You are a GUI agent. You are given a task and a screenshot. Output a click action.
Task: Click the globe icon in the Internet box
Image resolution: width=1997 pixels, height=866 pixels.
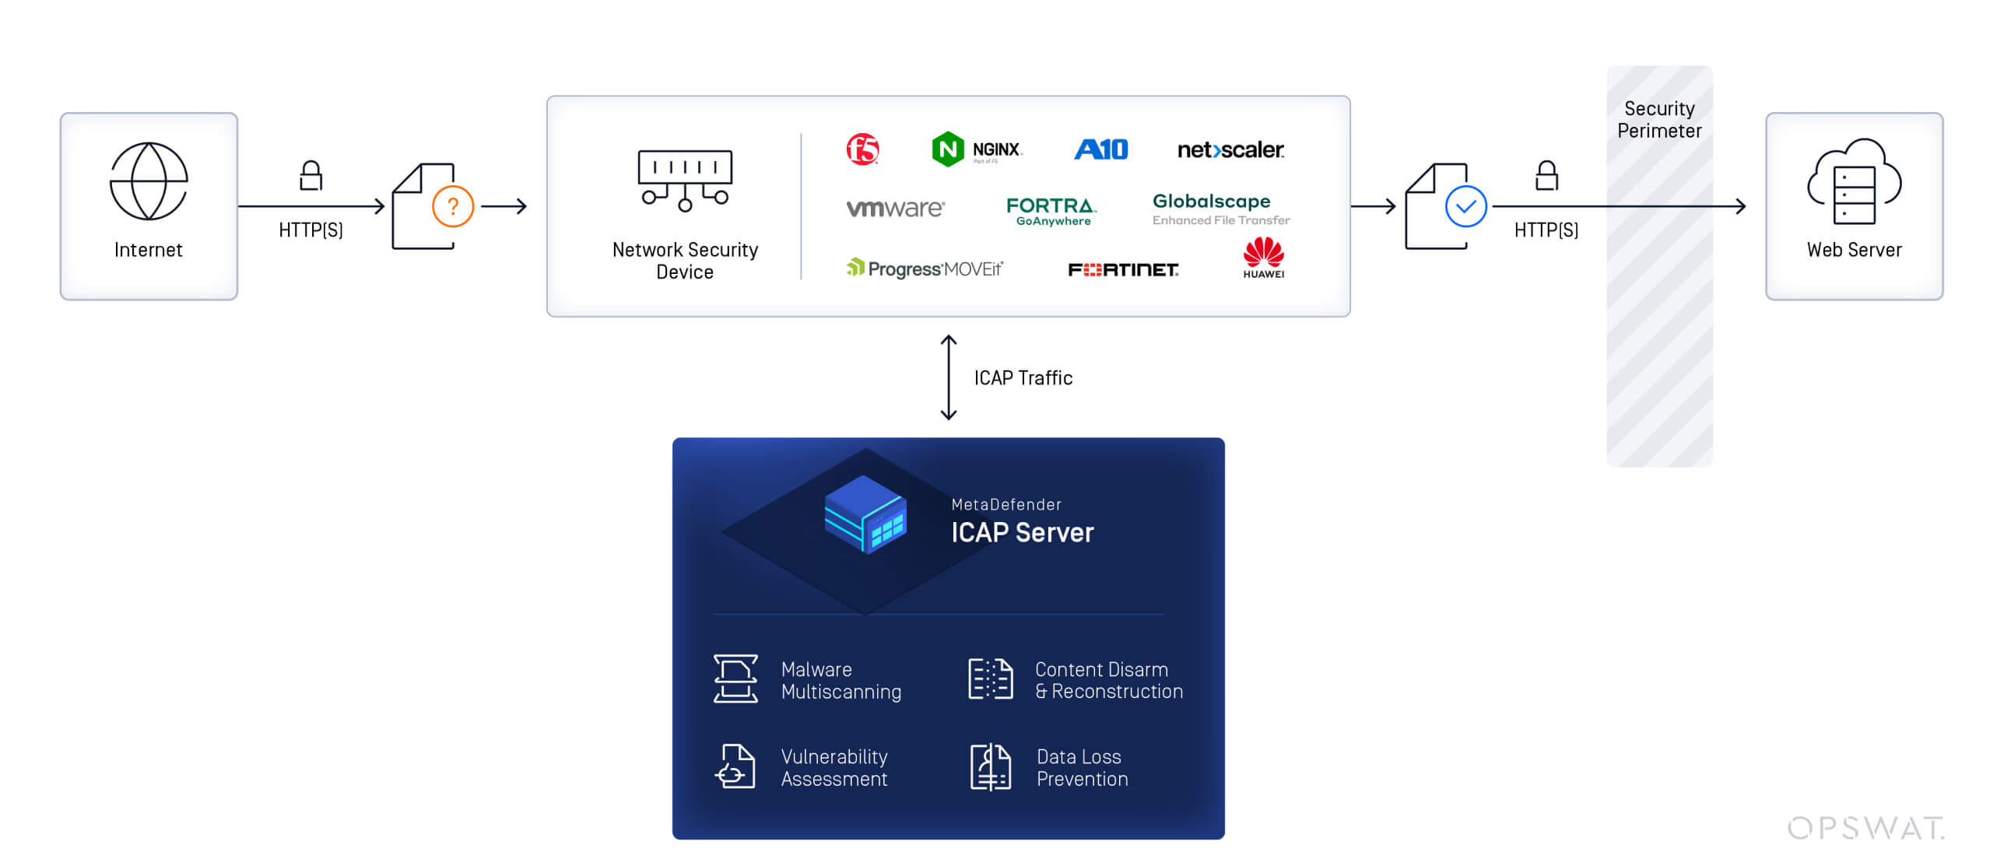(148, 181)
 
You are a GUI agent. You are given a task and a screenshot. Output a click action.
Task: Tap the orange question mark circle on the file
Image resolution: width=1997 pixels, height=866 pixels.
(453, 206)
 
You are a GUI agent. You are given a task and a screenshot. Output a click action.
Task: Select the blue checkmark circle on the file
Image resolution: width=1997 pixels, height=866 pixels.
(1465, 206)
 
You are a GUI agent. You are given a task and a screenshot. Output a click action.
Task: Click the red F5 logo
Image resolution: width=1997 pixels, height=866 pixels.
(862, 149)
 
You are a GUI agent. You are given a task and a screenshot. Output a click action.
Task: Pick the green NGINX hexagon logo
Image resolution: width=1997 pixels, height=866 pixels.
(947, 149)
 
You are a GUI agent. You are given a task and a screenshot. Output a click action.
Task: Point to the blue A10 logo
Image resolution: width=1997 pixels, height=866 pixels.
(1100, 149)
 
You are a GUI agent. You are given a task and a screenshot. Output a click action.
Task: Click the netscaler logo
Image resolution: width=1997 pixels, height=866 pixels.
(1230, 149)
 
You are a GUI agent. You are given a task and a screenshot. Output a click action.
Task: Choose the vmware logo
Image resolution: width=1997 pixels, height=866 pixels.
(895, 209)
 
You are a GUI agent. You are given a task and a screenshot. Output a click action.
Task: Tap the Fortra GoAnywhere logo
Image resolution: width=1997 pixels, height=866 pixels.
(1051, 211)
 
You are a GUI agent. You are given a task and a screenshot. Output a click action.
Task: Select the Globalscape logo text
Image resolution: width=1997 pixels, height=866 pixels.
(1212, 202)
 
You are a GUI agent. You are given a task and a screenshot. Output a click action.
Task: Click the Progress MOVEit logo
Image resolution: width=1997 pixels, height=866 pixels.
(925, 268)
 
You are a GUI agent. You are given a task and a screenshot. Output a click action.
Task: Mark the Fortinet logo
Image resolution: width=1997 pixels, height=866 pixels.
(1123, 269)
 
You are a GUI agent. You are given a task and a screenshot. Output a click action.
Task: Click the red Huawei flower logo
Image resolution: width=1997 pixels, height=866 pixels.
(1263, 253)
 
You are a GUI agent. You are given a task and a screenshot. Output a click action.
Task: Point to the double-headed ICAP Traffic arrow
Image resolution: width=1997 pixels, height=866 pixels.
(948, 377)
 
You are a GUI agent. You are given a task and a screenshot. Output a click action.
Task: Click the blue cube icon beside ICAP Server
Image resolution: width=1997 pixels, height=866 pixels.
(865, 514)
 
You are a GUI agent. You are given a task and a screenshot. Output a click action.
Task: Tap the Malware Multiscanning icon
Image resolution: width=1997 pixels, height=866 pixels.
(735, 679)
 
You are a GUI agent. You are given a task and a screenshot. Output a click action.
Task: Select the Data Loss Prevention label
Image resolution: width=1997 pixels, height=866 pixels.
(1082, 767)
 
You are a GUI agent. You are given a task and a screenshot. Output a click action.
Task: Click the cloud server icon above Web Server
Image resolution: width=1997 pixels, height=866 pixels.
(1854, 182)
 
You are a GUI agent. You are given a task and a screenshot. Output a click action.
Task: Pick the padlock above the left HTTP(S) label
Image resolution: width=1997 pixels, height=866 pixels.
(311, 176)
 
